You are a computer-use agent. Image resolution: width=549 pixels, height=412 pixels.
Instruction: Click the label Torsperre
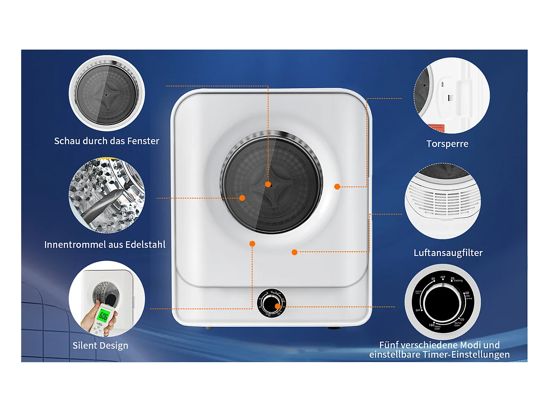(x=447, y=144)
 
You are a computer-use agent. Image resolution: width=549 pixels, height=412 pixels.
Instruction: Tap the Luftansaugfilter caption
(x=448, y=253)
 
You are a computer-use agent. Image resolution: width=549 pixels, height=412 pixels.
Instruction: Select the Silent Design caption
(x=100, y=345)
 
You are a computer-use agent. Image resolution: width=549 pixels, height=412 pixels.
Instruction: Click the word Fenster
(x=143, y=141)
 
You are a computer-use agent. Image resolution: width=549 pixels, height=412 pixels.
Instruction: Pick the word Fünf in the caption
(x=389, y=345)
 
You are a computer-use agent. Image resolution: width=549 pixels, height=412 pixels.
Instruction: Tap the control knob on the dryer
(x=270, y=303)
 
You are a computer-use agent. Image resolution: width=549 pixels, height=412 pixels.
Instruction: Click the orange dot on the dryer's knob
(x=277, y=306)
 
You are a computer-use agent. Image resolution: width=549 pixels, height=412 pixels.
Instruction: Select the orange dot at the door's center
(x=268, y=184)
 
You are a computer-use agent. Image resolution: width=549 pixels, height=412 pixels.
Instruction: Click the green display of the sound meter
(x=103, y=315)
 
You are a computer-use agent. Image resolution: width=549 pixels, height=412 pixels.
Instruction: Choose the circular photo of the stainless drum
(x=107, y=196)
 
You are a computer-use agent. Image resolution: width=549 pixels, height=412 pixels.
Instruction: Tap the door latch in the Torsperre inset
(x=450, y=97)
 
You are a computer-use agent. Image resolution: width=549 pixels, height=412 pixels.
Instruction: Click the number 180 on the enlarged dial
(x=431, y=325)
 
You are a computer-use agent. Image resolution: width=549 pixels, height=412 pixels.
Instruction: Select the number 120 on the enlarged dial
(x=461, y=319)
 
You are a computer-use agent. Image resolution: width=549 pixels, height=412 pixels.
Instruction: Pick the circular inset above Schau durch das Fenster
(x=107, y=93)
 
